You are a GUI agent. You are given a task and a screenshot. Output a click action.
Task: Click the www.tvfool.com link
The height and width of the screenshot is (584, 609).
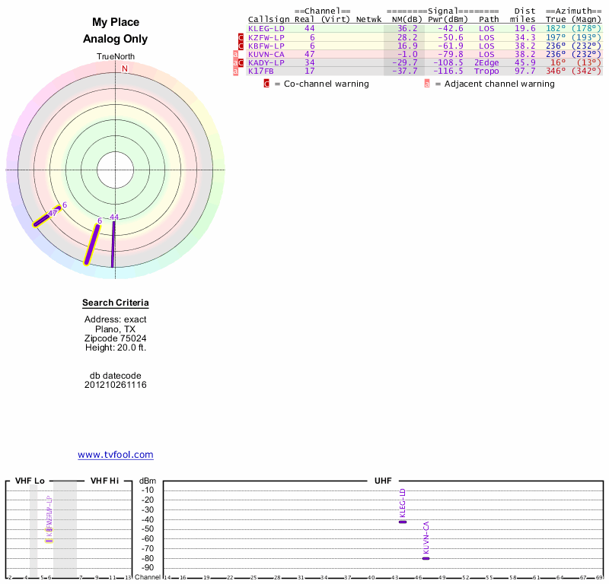(116, 455)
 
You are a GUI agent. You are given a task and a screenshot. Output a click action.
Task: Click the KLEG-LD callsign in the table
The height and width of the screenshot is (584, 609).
(266, 28)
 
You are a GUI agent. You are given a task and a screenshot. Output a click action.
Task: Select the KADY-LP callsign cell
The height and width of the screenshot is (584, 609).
(266, 62)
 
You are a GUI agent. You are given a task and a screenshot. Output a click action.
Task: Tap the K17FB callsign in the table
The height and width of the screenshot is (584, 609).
(261, 71)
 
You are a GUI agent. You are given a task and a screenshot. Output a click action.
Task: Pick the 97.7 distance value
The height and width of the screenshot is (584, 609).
(525, 71)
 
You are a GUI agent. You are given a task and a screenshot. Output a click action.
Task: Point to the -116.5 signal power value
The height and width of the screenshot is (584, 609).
(448, 71)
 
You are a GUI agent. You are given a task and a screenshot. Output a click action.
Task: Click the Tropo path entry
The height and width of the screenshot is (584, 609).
(489, 71)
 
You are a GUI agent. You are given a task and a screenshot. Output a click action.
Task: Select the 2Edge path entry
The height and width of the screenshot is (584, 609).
(489, 62)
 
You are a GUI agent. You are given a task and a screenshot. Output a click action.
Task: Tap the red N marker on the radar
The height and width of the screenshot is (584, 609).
(125, 68)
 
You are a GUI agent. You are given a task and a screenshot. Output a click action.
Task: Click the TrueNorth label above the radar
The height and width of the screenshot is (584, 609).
(116, 57)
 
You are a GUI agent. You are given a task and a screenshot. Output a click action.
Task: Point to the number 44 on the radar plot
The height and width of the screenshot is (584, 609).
(114, 217)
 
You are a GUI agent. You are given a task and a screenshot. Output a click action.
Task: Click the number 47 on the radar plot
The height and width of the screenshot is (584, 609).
(53, 214)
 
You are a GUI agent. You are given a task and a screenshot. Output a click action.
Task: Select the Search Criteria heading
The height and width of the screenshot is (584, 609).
(116, 303)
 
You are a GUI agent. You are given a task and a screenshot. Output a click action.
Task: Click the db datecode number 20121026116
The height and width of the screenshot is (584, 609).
(116, 385)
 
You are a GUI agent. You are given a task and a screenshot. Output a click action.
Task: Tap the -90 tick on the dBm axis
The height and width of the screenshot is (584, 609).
(148, 567)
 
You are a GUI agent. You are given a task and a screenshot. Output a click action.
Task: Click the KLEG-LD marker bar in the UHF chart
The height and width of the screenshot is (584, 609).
(403, 522)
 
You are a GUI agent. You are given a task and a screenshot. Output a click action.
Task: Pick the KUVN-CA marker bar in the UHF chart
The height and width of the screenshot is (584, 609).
(426, 558)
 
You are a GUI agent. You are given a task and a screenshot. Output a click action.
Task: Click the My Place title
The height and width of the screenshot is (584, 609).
(116, 23)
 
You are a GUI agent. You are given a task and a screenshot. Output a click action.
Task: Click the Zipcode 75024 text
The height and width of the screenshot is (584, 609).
(116, 338)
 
